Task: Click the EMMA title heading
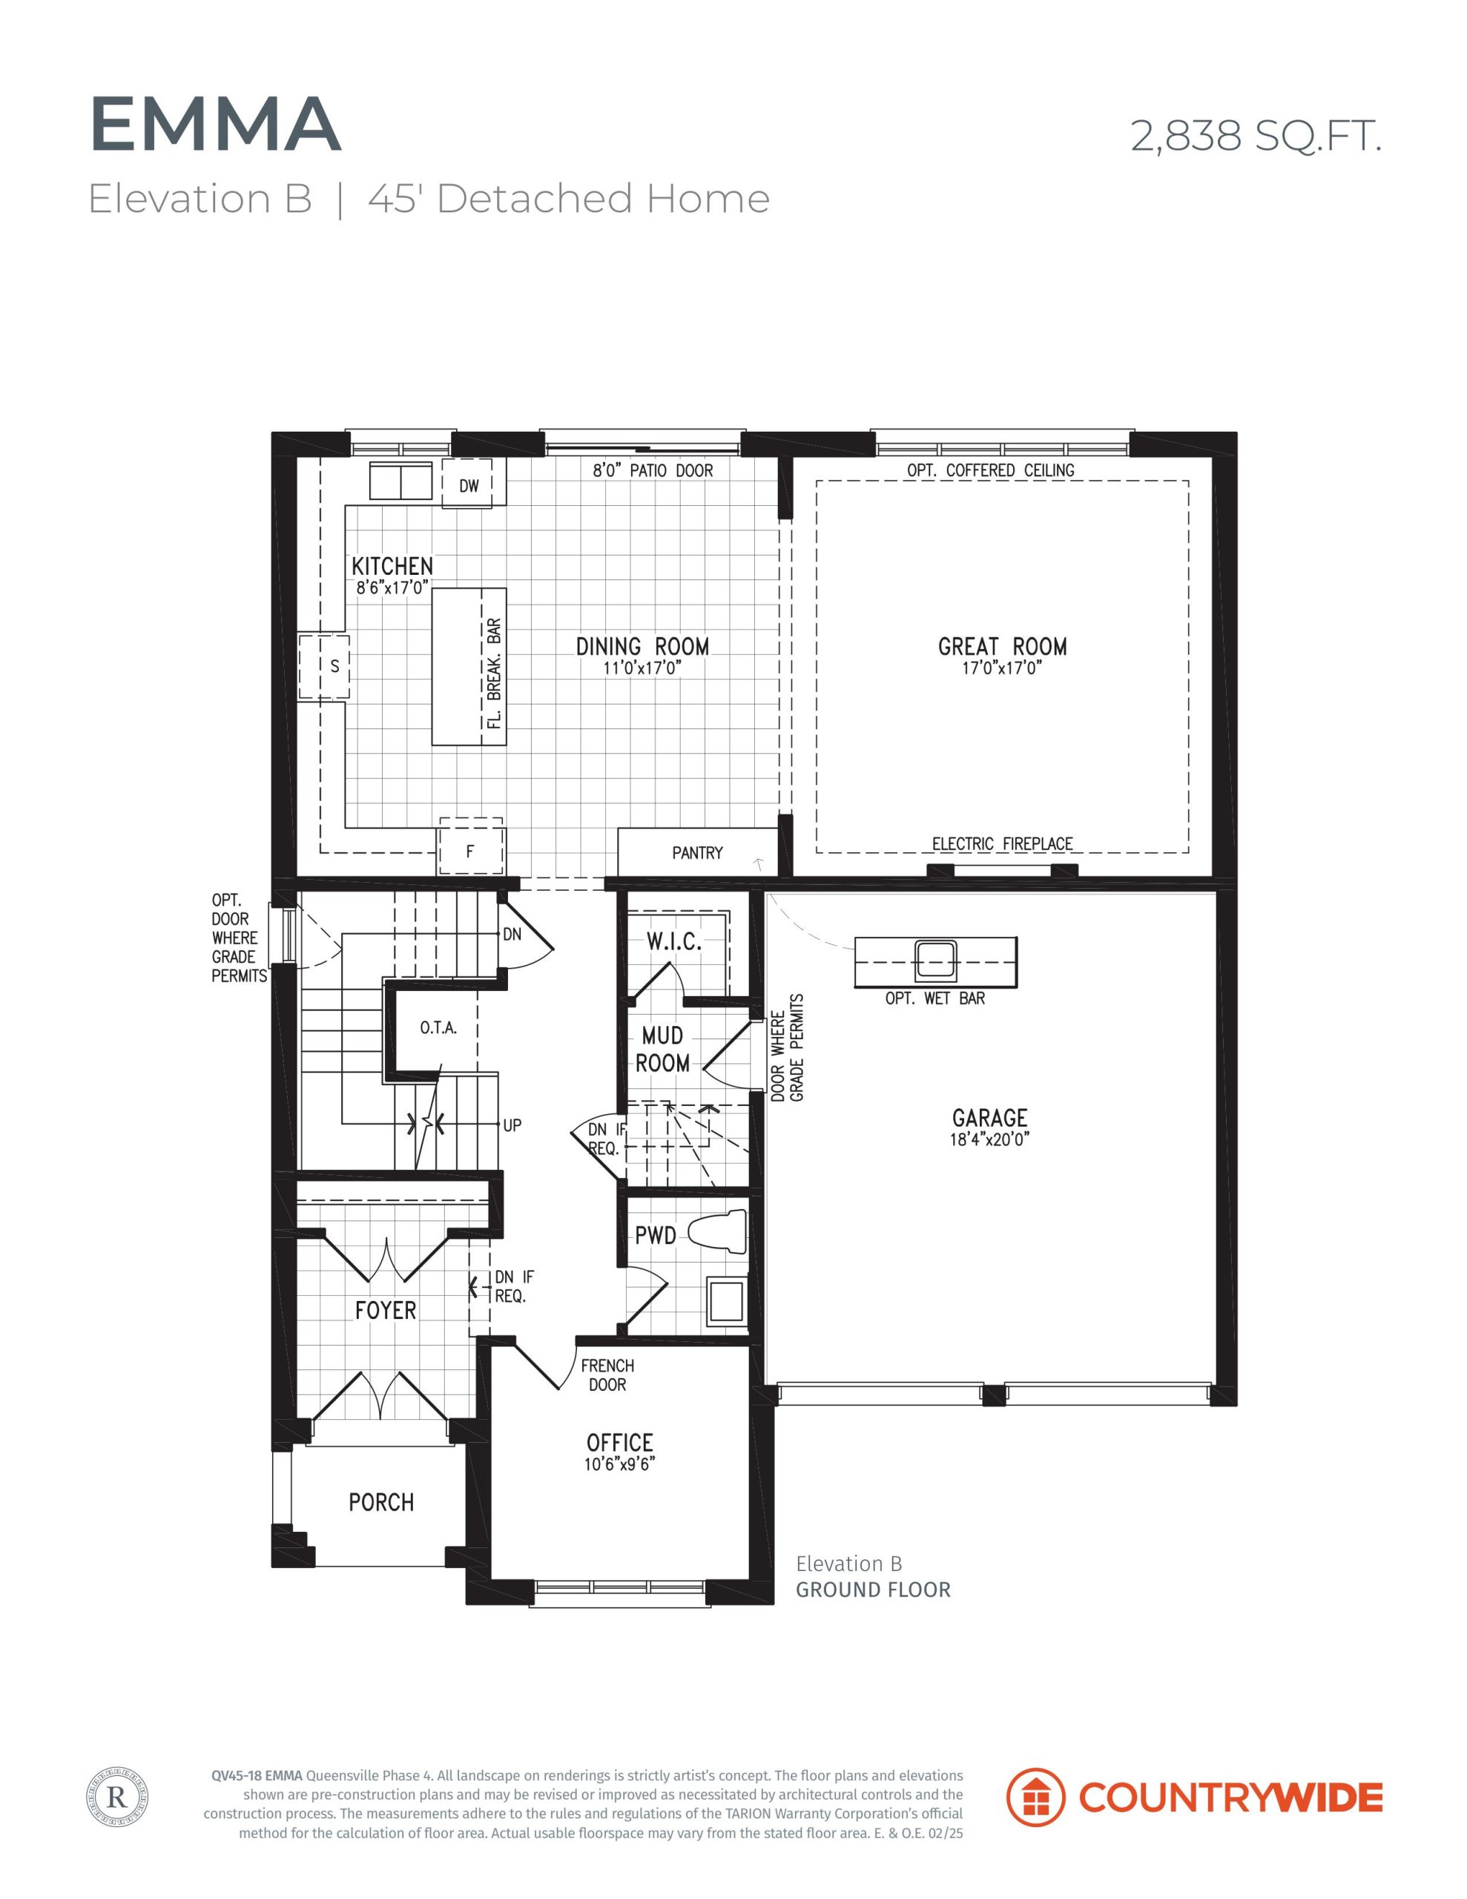(215, 125)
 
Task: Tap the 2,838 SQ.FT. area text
(1255, 136)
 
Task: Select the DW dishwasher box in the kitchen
(469, 483)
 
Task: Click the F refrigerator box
(470, 847)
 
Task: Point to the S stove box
(324, 667)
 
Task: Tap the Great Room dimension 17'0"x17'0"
(1002, 668)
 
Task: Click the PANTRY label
(697, 853)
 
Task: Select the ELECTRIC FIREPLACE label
(1002, 843)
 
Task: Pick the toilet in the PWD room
(717, 1232)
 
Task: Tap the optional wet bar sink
(936, 959)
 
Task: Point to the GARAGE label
(989, 1117)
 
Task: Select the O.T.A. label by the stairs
(438, 1027)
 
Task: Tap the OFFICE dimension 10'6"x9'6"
(619, 1464)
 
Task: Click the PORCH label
(381, 1501)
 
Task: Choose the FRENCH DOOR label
(607, 1375)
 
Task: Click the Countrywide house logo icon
(1035, 1797)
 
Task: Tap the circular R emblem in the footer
(117, 1797)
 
